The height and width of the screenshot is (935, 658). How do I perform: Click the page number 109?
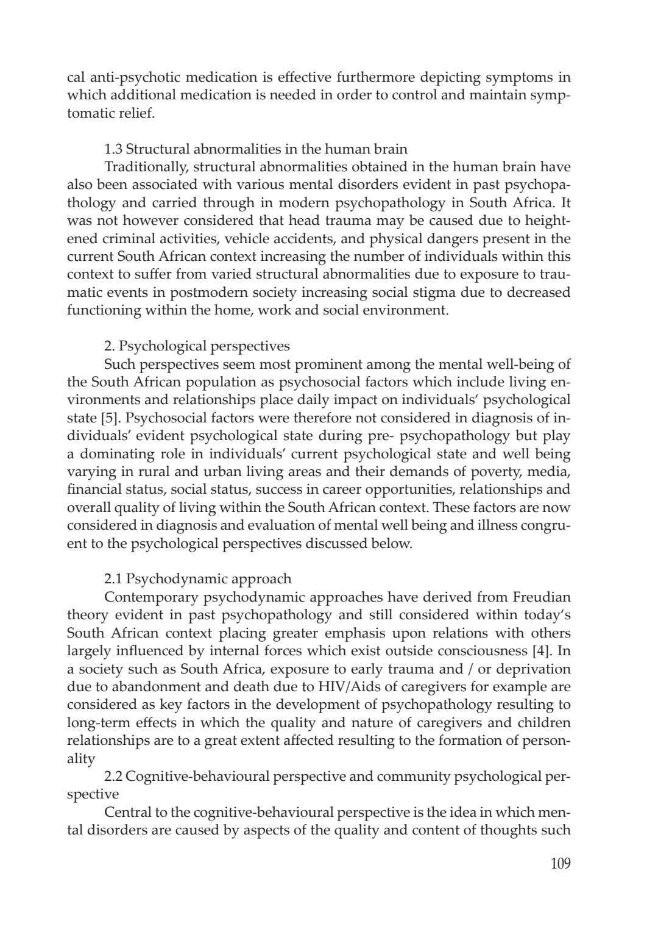click(x=559, y=864)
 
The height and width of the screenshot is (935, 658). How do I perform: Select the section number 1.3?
click(x=113, y=149)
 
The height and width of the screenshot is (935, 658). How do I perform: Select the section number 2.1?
click(x=113, y=578)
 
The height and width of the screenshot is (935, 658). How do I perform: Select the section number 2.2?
click(x=113, y=777)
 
